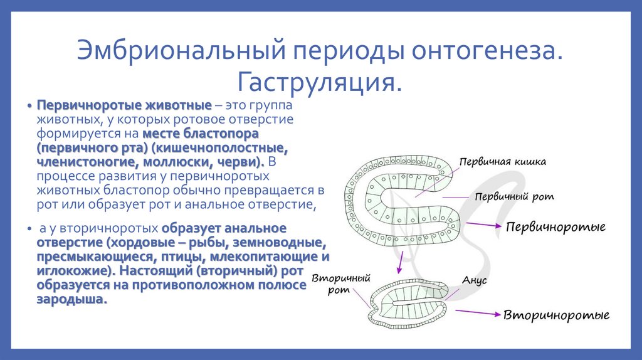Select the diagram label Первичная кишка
502,162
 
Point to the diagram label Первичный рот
515,197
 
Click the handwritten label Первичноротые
555,226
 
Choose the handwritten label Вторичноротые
557,314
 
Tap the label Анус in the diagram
475,281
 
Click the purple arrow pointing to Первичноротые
483,225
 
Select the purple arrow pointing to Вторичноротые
477,312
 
